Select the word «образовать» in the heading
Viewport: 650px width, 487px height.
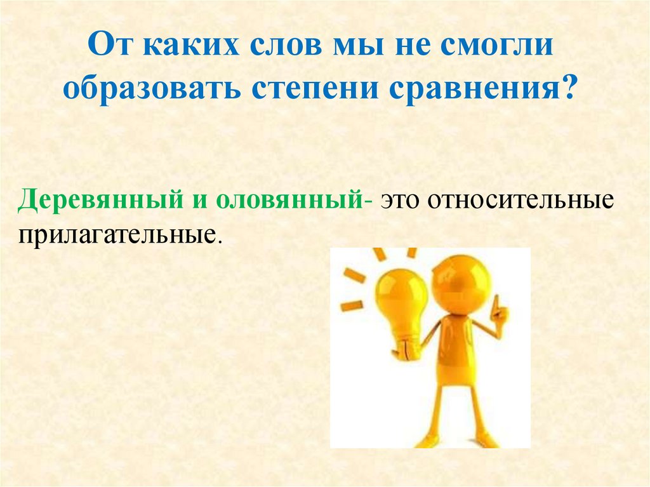[x=150, y=88]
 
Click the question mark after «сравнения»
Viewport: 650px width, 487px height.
[x=569, y=88]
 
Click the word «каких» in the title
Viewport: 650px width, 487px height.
[x=180, y=49]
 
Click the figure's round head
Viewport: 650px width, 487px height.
[x=461, y=283]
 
